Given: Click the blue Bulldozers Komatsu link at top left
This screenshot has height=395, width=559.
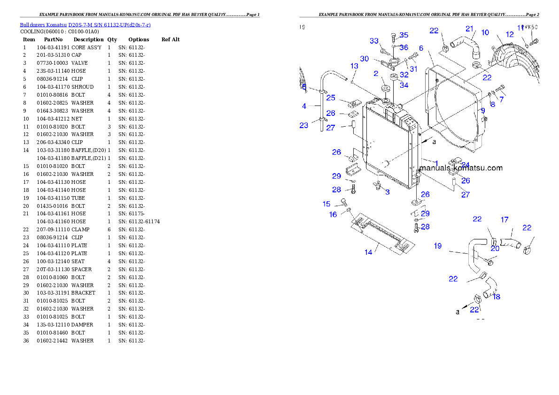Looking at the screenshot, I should click(85, 24).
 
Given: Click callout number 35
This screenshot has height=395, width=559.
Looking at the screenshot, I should click(404, 35).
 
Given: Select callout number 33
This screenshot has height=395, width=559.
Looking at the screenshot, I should click(374, 41).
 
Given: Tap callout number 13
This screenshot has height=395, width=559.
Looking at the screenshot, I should click(354, 66).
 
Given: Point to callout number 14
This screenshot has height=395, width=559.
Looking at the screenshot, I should click(368, 252).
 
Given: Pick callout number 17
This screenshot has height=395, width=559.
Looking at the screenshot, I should click(505, 220).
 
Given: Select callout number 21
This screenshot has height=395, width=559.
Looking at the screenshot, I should click(470, 29).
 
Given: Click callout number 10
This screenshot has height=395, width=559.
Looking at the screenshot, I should click(485, 33).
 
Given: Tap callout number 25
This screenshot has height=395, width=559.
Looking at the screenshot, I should click(331, 98).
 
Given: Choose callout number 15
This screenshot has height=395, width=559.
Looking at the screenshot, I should click(326, 204).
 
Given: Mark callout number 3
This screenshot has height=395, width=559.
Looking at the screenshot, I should click(387, 192).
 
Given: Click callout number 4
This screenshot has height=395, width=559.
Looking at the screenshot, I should click(304, 106).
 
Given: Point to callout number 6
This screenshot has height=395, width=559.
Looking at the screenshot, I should click(421, 48).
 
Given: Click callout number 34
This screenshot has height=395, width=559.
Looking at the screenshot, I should click(404, 85).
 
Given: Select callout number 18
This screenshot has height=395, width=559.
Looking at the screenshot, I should click(497, 297).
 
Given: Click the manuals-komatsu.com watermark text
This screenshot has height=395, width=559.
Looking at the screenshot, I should click(460, 168).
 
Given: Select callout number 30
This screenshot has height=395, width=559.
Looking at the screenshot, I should click(365, 59).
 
